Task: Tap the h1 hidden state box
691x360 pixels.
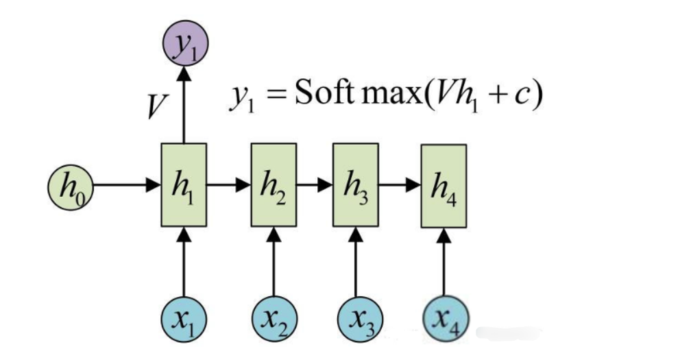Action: click(x=184, y=185)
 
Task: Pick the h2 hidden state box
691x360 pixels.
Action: click(x=274, y=185)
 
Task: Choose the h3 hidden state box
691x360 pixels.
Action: click(x=355, y=185)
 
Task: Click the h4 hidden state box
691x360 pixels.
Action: click(x=444, y=187)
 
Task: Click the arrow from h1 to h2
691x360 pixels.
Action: click(x=228, y=185)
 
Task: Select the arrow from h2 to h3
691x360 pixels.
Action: click(x=315, y=185)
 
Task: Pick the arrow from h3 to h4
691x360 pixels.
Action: click(x=399, y=185)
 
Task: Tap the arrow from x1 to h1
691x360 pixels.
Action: click(x=184, y=264)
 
